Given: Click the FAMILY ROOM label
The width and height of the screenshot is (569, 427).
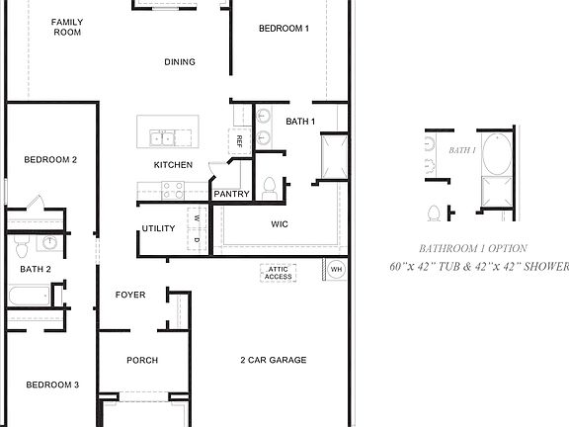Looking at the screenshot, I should pyautogui.click(x=67, y=27).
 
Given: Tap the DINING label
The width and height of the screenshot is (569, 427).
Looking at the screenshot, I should pyautogui.click(x=180, y=62).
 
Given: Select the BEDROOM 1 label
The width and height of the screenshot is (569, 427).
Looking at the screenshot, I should pyautogui.click(x=284, y=29).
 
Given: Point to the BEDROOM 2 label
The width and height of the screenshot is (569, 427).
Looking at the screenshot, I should pyautogui.click(x=51, y=159).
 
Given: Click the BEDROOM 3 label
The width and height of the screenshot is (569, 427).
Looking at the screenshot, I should pyautogui.click(x=52, y=384).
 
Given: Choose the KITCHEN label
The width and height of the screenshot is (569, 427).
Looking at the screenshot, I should pyautogui.click(x=173, y=165).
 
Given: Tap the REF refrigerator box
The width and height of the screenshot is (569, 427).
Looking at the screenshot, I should pyautogui.click(x=239, y=140).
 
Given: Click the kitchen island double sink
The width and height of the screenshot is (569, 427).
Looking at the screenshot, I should pyautogui.click(x=163, y=135).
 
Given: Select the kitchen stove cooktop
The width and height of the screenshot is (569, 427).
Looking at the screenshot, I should pyautogui.click(x=173, y=188).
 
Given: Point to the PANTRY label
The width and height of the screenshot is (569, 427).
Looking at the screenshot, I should pyautogui.click(x=231, y=195).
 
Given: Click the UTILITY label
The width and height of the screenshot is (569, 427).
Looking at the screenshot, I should pyautogui.click(x=158, y=229).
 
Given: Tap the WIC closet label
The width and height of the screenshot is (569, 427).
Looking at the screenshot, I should pyautogui.click(x=280, y=224).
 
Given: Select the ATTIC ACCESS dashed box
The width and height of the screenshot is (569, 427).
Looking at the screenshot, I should pyautogui.click(x=278, y=272).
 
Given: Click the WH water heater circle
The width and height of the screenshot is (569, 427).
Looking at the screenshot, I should pyautogui.click(x=336, y=269).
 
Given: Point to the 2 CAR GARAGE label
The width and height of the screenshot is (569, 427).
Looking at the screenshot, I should pyautogui.click(x=274, y=361).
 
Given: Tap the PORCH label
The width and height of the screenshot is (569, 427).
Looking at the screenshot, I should pyautogui.click(x=142, y=361).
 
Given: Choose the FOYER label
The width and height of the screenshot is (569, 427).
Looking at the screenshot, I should pyautogui.click(x=130, y=295).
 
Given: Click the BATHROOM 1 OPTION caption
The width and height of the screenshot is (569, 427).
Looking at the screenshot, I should pyautogui.click(x=472, y=249).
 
